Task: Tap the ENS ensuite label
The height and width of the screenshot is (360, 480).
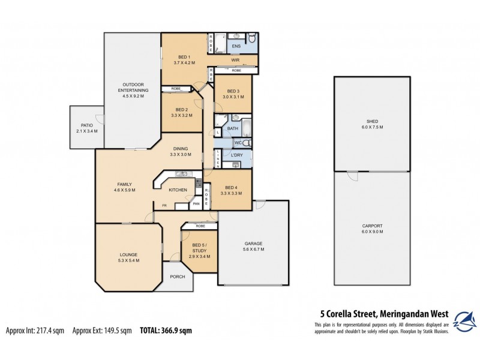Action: pos(236,46)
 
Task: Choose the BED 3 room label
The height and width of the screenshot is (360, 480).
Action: pos(233,91)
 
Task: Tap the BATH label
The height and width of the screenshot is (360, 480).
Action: pos(233,128)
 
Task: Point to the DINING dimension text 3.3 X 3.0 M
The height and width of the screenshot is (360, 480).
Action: pos(181,155)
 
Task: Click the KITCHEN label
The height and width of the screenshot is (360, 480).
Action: pos(178,190)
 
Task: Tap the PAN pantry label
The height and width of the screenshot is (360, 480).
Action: pos(196,204)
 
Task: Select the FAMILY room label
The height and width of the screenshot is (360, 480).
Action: pos(125,184)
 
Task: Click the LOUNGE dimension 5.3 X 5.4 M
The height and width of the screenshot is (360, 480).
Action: pos(130,261)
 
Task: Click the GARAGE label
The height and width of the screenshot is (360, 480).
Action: pos(253,244)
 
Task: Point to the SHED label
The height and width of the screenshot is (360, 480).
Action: pos(372,121)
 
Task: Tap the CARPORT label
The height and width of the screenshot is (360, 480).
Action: pos(372,226)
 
